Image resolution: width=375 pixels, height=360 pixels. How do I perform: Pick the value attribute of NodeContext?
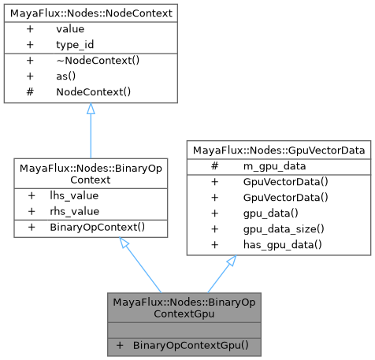(x=70, y=28)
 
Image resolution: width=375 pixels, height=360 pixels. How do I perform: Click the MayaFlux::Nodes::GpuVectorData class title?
(x=278, y=149)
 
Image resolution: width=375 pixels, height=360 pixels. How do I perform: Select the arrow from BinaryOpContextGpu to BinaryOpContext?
(x=142, y=268)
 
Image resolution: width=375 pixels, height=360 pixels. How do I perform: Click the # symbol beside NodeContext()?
(x=31, y=92)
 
